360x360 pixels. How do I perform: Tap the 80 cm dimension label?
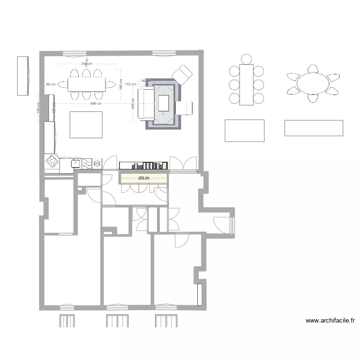(x=50, y=84)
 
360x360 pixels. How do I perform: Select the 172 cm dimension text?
(x=129, y=84)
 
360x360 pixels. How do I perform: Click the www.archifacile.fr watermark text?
(x=330, y=321)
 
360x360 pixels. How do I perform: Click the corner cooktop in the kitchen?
(x=51, y=161)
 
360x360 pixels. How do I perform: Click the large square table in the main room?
(x=86, y=124)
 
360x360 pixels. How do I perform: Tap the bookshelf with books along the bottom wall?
(x=144, y=166)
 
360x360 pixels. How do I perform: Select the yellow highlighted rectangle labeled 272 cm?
(x=144, y=178)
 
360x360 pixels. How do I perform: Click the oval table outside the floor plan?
(x=313, y=84)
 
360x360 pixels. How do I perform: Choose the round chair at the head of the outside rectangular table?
(x=246, y=60)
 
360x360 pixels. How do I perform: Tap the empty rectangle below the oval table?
(x=313, y=128)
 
